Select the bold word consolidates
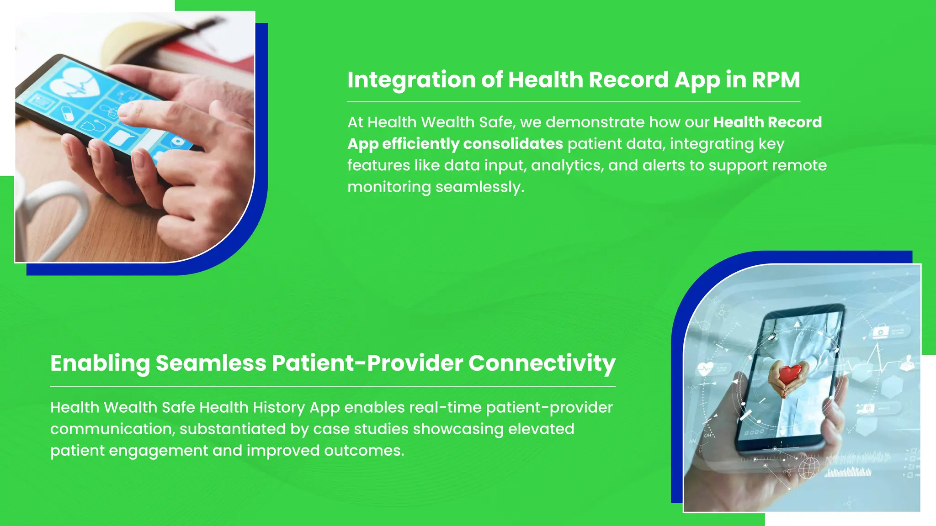(x=513, y=144)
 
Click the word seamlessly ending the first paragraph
(x=479, y=187)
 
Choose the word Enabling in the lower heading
(x=100, y=363)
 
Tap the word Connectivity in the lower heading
(x=542, y=363)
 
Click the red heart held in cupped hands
(x=790, y=374)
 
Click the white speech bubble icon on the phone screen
(x=122, y=137)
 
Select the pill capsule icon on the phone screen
(x=67, y=113)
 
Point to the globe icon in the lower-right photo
(x=808, y=468)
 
